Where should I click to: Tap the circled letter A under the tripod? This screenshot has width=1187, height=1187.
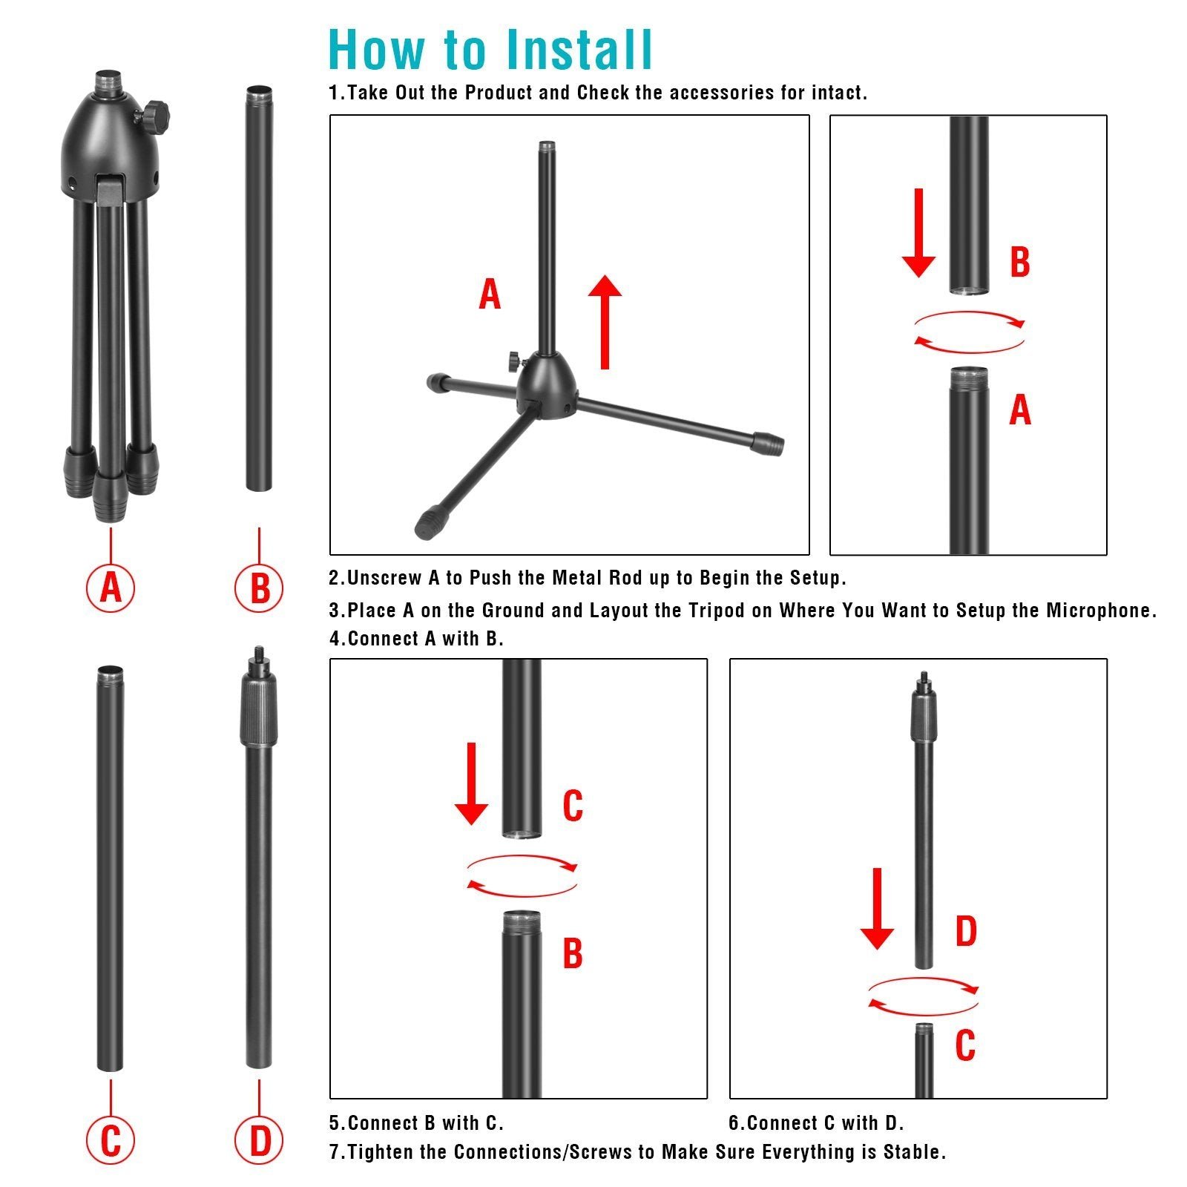point(111,588)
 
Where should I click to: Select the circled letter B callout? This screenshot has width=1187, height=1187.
point(259,588)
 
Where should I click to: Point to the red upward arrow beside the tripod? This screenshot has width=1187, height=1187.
point(605,321)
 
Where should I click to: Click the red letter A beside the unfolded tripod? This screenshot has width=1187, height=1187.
point(490,295)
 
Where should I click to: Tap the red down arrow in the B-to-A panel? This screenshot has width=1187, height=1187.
point(918,233)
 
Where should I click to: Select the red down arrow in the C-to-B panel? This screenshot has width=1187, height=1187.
point(471,783)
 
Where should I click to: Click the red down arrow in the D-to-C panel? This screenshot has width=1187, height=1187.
point(877,909)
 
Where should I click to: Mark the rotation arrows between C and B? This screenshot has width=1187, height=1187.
point(522,875)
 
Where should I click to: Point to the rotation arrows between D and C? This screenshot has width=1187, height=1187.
point(924,996)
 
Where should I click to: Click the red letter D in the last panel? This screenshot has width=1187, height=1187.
point(965,932)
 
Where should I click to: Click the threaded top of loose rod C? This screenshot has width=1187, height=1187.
point(110,673)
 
